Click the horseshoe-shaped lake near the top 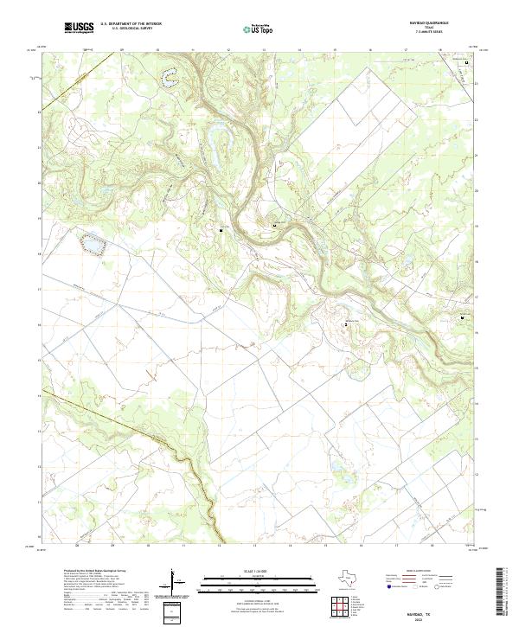click(x=167, y=78)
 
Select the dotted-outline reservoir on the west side click(x=89, y=246)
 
